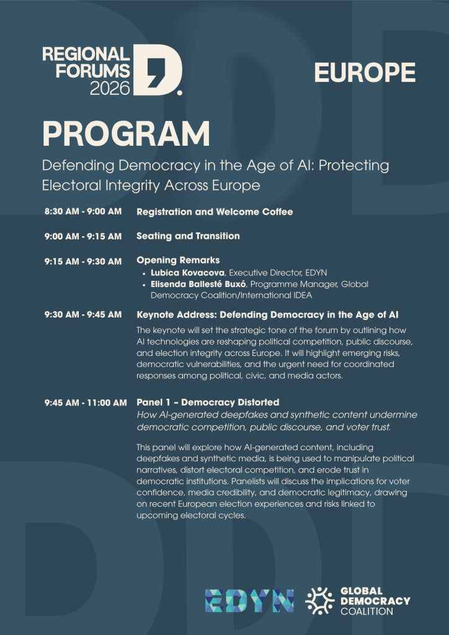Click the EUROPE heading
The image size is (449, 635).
click(x=365, y=73)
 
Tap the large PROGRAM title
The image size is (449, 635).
click(x=126, y=134)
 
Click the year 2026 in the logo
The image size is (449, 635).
click(x=110, y=87)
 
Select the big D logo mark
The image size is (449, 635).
click(x=158, y=70)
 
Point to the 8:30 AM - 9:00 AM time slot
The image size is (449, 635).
click(x=82, y=212)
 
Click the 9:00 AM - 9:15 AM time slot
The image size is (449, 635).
click(x=82, y=236)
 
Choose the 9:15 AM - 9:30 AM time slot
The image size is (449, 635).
click(x=82, y=261)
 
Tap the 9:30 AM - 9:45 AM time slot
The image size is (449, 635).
click(x=82, y=315)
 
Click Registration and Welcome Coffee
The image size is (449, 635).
click(x=215, y=212)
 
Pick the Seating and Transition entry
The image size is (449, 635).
click(x=188, y=236)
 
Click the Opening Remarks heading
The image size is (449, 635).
click(x=178, y=260)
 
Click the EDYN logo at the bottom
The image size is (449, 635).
click(x=249, y=601)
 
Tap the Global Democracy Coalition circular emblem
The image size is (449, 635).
click(x=320, y=601)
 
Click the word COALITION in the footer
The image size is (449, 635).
click(x=367, y=611)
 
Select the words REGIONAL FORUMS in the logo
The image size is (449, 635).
click(x=86, y=61)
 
